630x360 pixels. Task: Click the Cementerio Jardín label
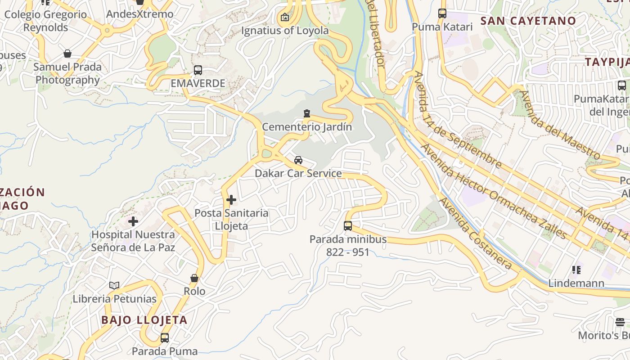[x=307, y=127]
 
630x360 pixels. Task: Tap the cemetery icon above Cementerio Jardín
[x=307, y=113]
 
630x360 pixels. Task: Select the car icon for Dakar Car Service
[x=298, y=160]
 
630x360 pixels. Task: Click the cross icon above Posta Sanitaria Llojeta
[x=231, y=199]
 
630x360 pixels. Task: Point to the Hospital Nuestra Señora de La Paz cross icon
[x=133, y=221]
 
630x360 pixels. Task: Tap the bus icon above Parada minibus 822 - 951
[x=348, y=225]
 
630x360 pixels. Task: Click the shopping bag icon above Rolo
[x=194, y=278]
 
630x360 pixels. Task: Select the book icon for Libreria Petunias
[x=114, y=285]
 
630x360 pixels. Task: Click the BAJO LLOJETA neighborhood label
[x=144, y=320]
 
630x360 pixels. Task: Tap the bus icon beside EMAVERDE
[x=198, y=70]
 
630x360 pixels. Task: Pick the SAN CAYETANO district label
[x=528, y=21]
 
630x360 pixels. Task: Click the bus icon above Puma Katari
[x=442, y=13]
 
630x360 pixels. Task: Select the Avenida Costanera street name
[x=476, y=233]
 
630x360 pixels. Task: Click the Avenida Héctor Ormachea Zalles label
[x=493, y=191]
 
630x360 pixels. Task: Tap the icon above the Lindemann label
[x=576, y=270]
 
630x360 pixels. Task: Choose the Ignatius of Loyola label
[x=285, y=31]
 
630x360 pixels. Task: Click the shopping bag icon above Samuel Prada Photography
[x=67, y=54]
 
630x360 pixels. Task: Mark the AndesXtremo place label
[x=139, y=14]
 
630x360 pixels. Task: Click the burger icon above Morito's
[x=620, y=322]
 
